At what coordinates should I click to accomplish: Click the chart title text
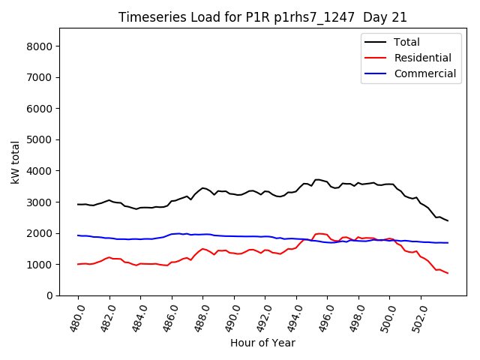coord(262,17)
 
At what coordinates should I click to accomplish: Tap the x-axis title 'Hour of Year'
coord(262,343)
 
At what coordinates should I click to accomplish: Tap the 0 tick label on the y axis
coord(50,296)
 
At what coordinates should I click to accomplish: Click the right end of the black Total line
coord(448,220)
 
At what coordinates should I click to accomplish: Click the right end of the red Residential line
coord(448,273)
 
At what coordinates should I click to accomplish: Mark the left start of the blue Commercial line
coord(78,235)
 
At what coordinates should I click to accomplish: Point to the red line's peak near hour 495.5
coord(319,233)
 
